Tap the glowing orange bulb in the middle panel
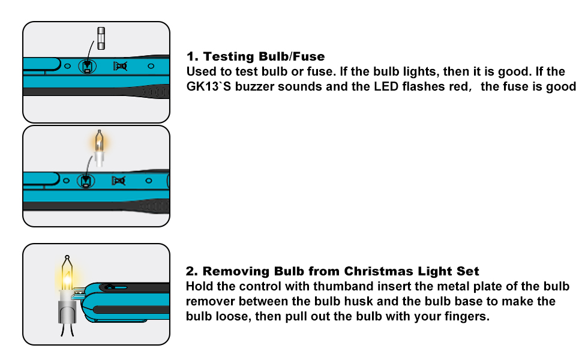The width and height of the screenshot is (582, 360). click(100, 142)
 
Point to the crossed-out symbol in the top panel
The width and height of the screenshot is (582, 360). click(119, 67)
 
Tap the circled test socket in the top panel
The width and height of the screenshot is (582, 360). click(88, 67)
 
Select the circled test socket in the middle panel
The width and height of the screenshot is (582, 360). click(88, 179)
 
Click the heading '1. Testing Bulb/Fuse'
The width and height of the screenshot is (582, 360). click(256, 57)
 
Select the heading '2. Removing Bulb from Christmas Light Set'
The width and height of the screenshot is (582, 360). click(332, 271)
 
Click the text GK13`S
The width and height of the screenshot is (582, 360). click(208, 86)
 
